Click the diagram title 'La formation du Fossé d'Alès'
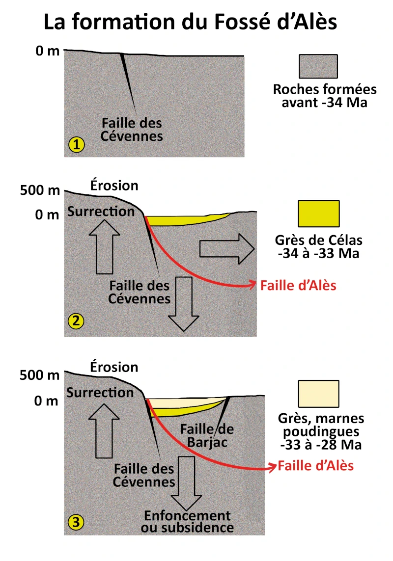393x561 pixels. coord(191,22)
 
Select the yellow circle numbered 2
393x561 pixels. coord(77,322)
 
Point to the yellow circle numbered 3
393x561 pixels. coord(76,523)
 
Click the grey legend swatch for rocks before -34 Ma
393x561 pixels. coord(318,66)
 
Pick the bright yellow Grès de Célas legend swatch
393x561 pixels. coord(318,213)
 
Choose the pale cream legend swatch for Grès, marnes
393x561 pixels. coord(318,394)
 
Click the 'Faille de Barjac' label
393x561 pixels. coord(207,436)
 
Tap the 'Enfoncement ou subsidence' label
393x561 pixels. coord(187,522)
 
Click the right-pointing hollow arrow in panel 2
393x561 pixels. coord(226,249)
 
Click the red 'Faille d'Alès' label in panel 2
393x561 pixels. coord(298,285)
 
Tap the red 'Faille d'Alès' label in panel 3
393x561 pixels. coord(315,466)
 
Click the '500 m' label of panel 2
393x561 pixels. coord(39,189)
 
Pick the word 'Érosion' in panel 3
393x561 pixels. coord(114,367)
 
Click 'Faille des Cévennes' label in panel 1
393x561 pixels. coord(132,129)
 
